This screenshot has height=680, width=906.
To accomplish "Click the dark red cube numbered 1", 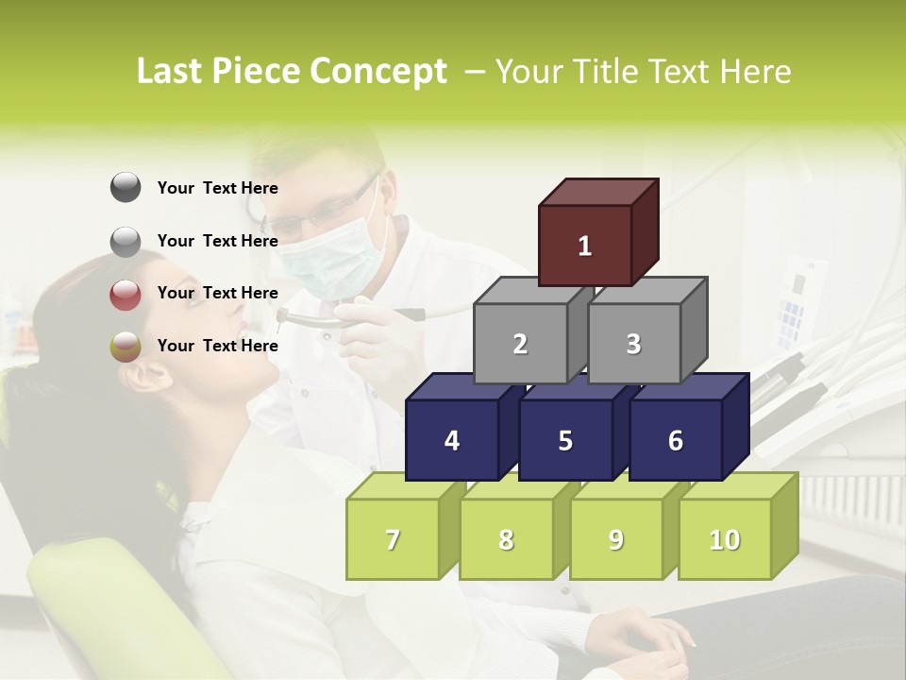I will tap(585, 246).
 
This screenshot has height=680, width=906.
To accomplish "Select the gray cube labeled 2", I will tap(520, 344).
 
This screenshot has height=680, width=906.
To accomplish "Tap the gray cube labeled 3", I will tap(633, 344).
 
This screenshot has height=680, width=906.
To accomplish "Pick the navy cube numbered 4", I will tap(452, 440).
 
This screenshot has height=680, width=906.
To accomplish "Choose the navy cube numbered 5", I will tap(565, 440).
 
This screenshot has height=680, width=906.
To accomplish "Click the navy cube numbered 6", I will tap(676, 440).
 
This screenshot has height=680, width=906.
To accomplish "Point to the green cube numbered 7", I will tap(393, 539).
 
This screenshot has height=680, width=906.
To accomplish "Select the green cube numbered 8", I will tap(506, 539).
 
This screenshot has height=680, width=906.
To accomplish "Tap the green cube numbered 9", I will tap(615, 539).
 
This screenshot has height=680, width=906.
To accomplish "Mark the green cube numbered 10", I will tap(724, 539).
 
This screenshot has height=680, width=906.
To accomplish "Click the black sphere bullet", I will tap(126, 188).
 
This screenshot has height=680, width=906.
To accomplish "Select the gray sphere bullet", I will tap(126, 241).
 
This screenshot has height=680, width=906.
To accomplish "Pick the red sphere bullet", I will tap(126, 294).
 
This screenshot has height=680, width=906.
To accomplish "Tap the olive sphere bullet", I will tap(126, 347).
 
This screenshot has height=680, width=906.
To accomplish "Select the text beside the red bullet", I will tap(217, 293).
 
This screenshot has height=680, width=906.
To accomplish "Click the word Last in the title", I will tap(172, 72).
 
